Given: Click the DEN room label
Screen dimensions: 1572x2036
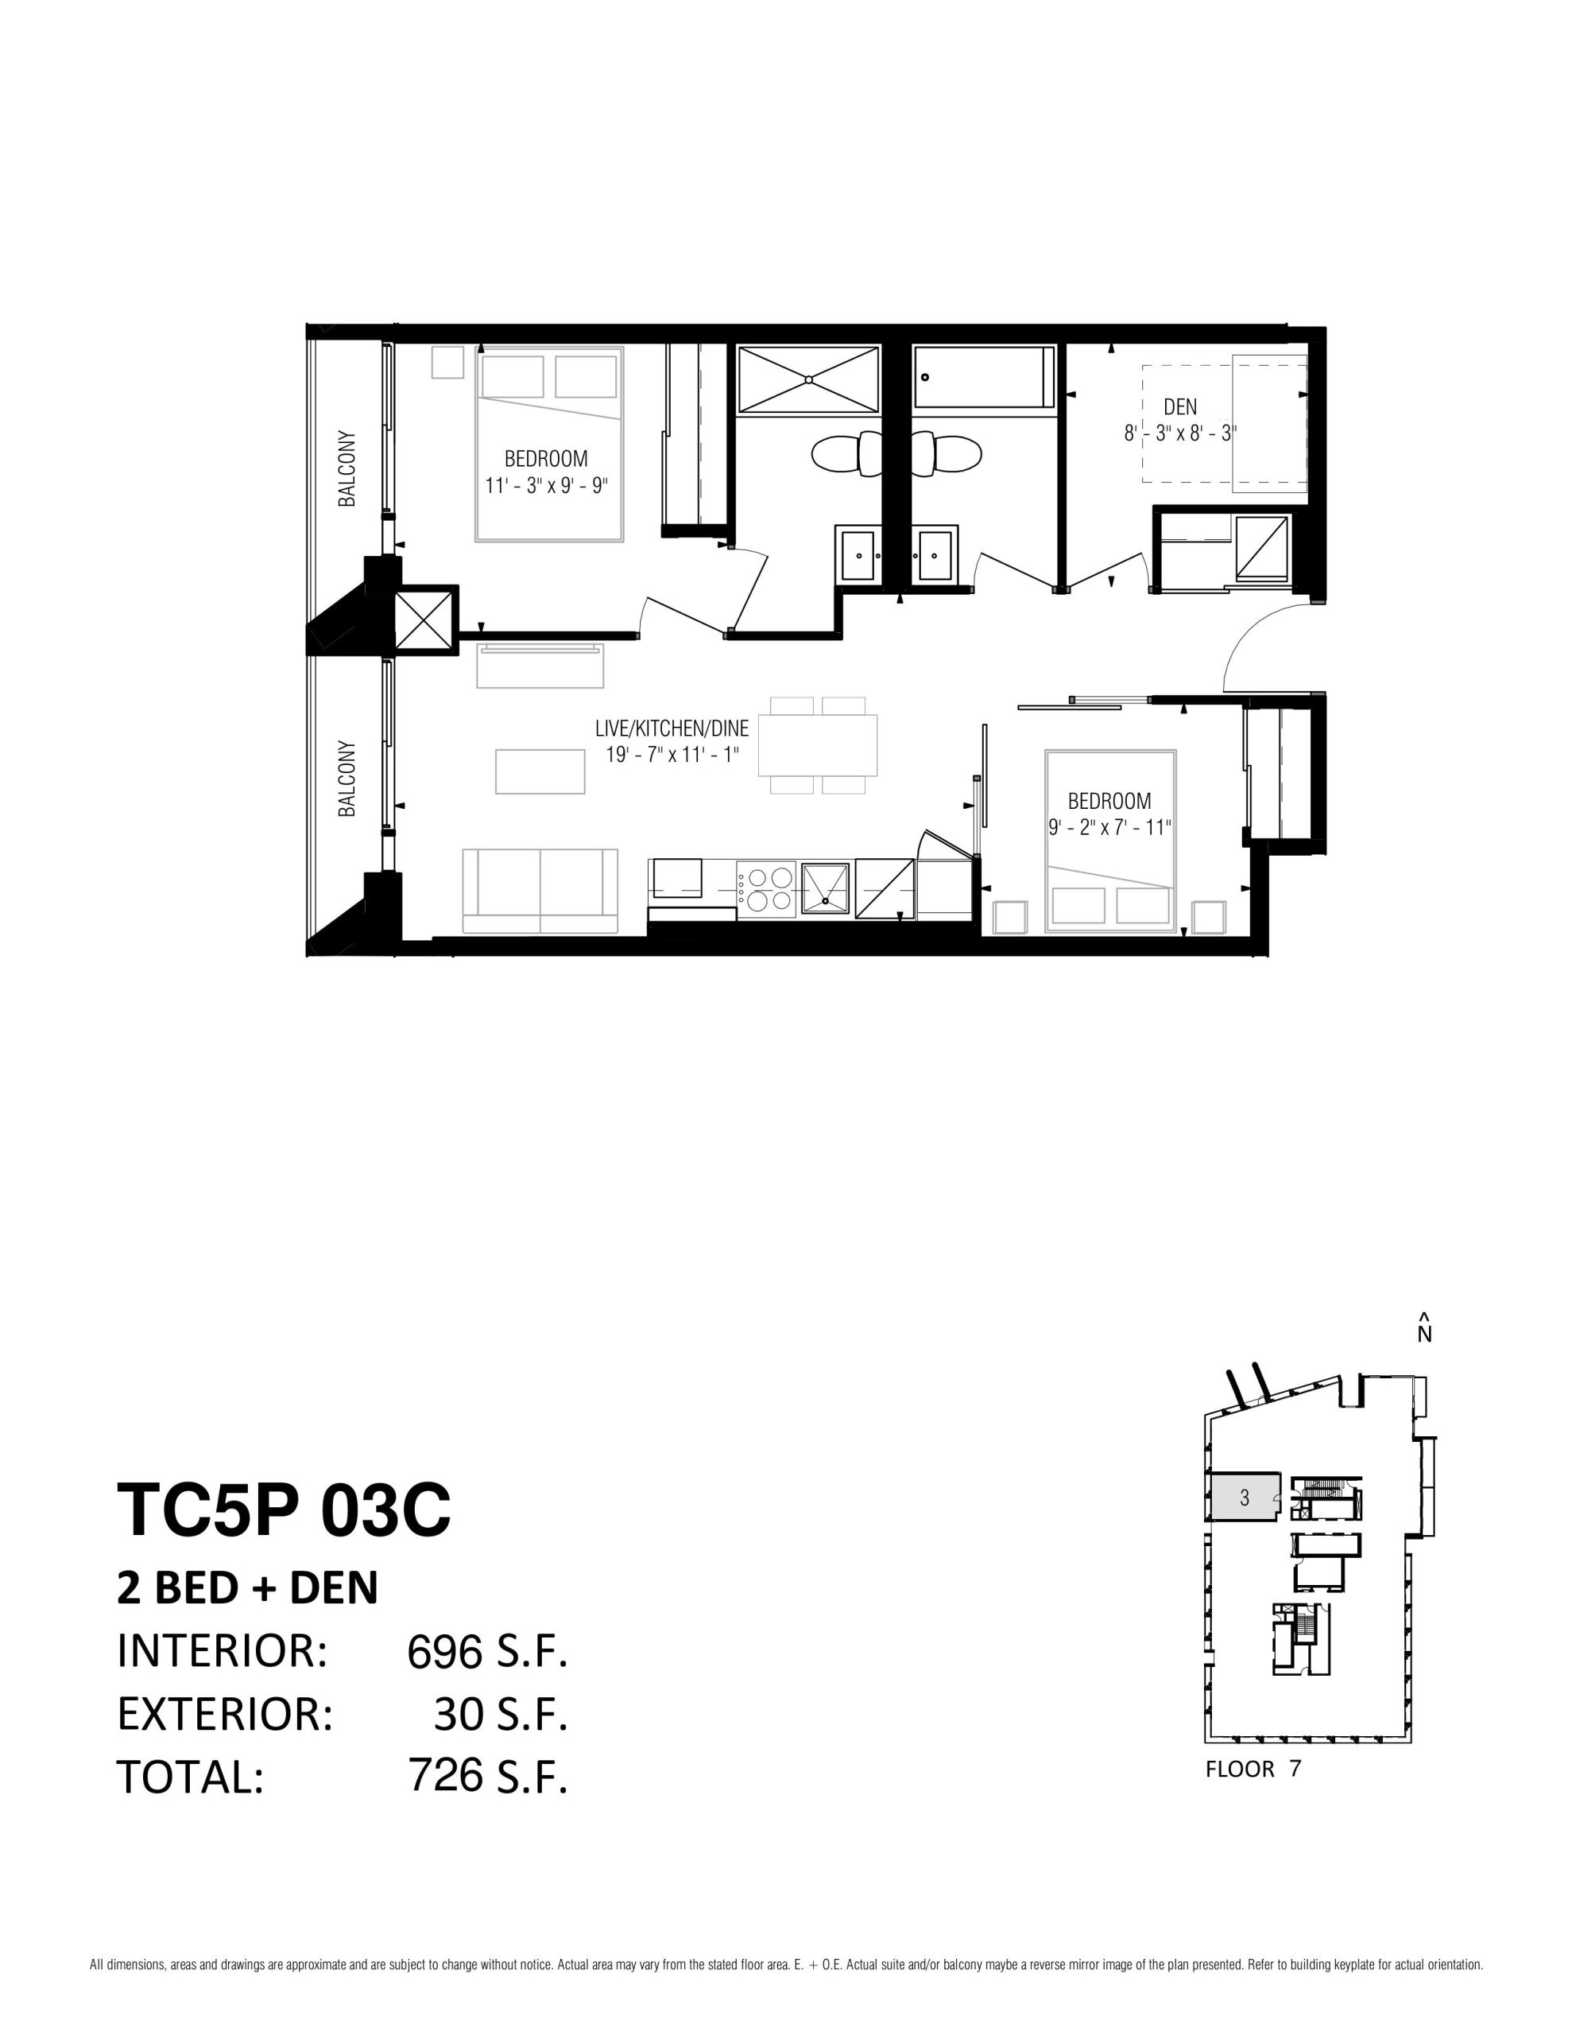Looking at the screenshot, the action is click(x=1179, y=406).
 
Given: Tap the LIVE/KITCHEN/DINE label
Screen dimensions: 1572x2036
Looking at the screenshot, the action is click(x=672, y=728).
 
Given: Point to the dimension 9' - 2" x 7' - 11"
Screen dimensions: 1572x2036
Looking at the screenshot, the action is click(x=1109, y=827).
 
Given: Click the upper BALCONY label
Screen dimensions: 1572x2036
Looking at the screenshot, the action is click(x=347, y=469).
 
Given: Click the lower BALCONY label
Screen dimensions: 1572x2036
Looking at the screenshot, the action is click(x=347, y=779).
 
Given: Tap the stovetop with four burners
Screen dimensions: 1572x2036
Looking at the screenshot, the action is click(x=766, y=889).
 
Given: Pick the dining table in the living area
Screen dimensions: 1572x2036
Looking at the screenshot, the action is click(x=817, y=745).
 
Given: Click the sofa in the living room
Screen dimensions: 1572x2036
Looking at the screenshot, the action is click(x=540, y=890).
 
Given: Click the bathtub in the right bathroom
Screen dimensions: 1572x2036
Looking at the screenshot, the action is click(x=984, y=377).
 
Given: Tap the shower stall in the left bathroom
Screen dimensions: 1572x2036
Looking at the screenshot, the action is click(x=808, y=379).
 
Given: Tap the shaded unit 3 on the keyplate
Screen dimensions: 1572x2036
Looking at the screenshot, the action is click(x=1243, y=1498).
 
